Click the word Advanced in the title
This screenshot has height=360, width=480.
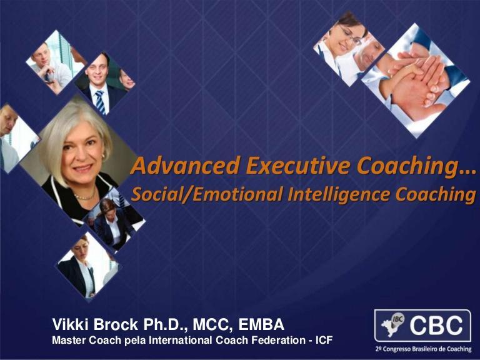point(186,165)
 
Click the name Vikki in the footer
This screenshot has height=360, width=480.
point(71,324)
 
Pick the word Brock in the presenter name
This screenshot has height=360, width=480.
point(116,324)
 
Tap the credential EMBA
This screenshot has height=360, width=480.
point(261,324)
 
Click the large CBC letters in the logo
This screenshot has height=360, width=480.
point(436,326)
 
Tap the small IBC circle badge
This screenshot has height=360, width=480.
point(397,319)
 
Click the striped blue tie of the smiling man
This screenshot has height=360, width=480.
point(100,102)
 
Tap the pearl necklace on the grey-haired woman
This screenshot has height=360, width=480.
point(84,196)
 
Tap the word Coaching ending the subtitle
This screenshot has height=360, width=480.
point(436,195)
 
